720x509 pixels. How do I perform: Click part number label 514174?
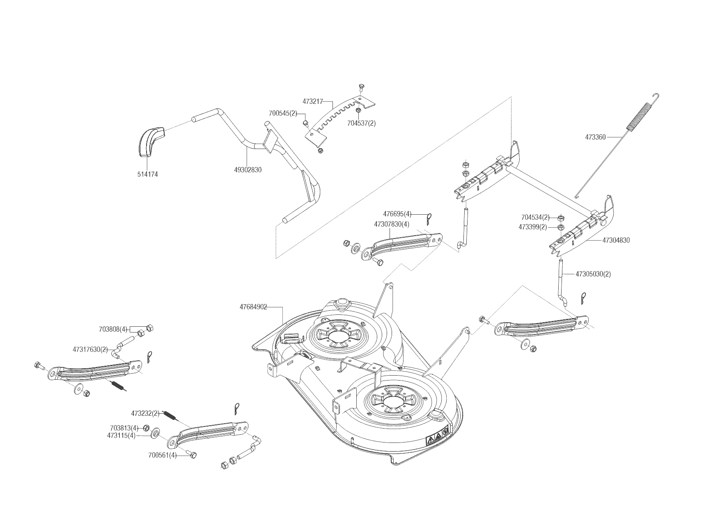(147, 174)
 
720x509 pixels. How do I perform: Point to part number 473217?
(313, 101)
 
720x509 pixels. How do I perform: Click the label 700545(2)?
(283, 113)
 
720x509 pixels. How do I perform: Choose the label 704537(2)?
(361, 123)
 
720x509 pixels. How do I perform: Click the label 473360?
(595, 138)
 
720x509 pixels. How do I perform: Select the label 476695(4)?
(397, 214)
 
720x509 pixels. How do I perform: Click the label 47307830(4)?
(392, 224)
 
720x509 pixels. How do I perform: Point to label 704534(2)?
(535, 217)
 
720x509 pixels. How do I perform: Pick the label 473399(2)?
(533, 227)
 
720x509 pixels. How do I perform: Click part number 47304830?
(616, 240)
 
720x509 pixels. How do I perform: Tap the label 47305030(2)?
(593, 274)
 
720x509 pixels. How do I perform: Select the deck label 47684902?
(254, 307)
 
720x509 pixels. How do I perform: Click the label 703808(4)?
(113, 329)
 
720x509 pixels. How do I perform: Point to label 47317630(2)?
(90, 350)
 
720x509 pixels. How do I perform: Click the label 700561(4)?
(163, 455)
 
